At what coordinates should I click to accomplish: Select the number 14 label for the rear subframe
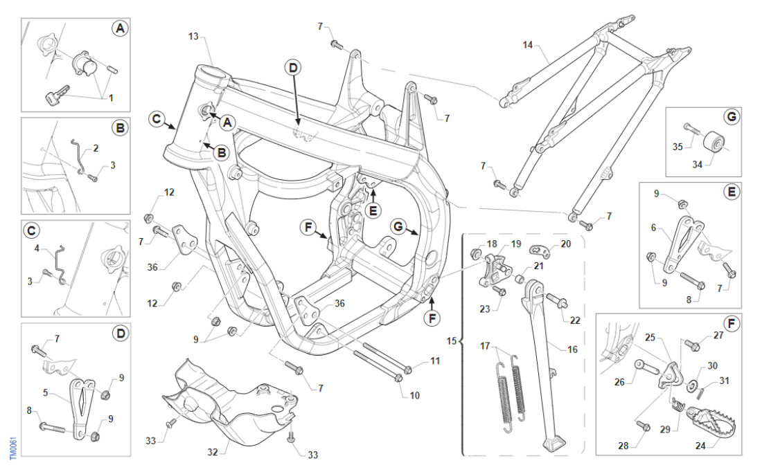coord(528,46)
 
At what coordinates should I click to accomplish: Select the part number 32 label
coord(213,452)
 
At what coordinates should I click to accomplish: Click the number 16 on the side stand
coord(572,350)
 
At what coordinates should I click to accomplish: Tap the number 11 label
coord(434,361)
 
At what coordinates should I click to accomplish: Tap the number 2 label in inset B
coord(96,148)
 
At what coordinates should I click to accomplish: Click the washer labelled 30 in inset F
coord(693,384)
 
